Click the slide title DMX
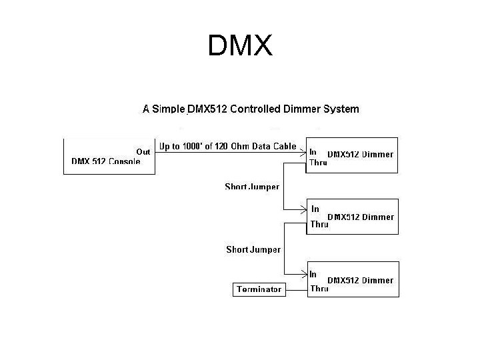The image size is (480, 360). click(x=240, y=46)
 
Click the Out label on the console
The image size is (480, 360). click(x=143, y=151)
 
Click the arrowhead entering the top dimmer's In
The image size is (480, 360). click(x=303, y=151)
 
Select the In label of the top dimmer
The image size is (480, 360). click(x=313, y=151)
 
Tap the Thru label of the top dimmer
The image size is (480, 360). click(x=319, y=162)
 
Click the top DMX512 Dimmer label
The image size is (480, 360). click(x=360, y=154)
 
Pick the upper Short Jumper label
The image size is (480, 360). click(x=252, y=187)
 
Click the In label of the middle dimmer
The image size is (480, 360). click(x=315, y=209)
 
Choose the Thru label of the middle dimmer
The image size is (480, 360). click(x=319, y=225)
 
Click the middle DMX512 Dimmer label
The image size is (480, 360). click(x=360, y=217)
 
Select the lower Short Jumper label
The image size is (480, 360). click(x=253, y=249)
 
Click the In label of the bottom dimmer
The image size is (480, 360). click(x=313, y=273)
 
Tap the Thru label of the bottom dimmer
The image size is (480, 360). click(x=319, y=289)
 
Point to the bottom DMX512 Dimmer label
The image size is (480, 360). click(x=360, y=281)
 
